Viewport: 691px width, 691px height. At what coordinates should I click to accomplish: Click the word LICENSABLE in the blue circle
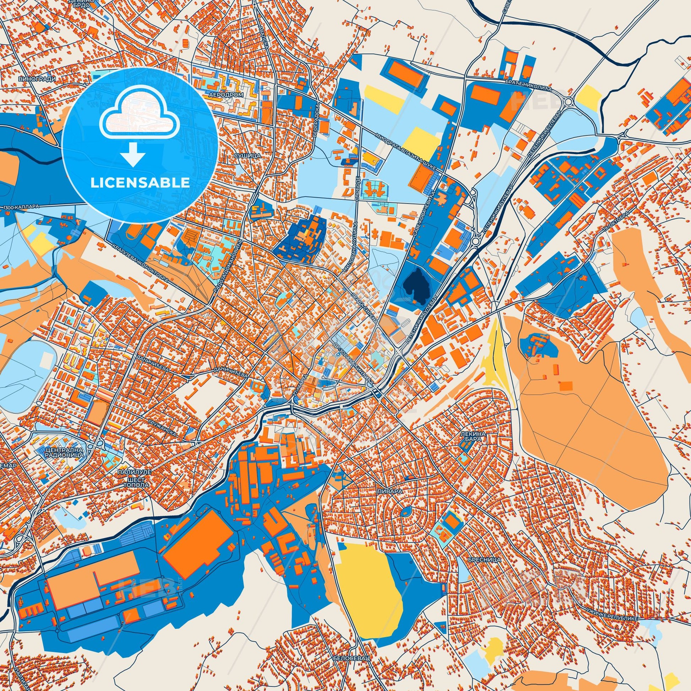pyautogui.click(x=140, y=183)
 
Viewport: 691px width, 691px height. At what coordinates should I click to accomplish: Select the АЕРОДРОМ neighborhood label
pyautogui.click(x=227, y=95)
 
